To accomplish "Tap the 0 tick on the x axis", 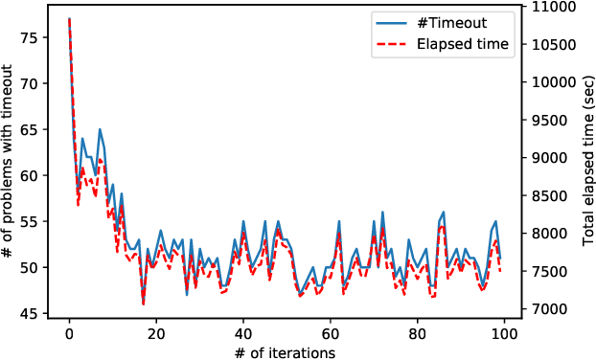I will point(69,335).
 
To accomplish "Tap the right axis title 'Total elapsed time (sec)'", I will point(587,160).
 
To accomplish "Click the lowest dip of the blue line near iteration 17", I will point(143,304).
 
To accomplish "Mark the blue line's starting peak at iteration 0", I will point(69,19).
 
